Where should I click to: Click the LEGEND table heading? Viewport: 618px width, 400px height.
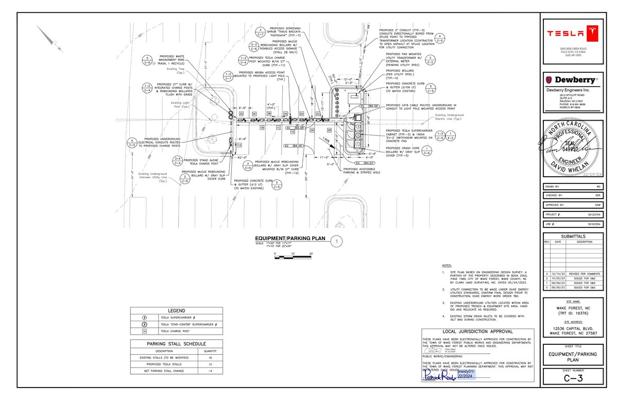coord(176,310)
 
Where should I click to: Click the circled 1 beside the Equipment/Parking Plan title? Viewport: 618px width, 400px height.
coord(336,241)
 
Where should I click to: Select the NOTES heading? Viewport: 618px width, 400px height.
coord(447,265)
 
